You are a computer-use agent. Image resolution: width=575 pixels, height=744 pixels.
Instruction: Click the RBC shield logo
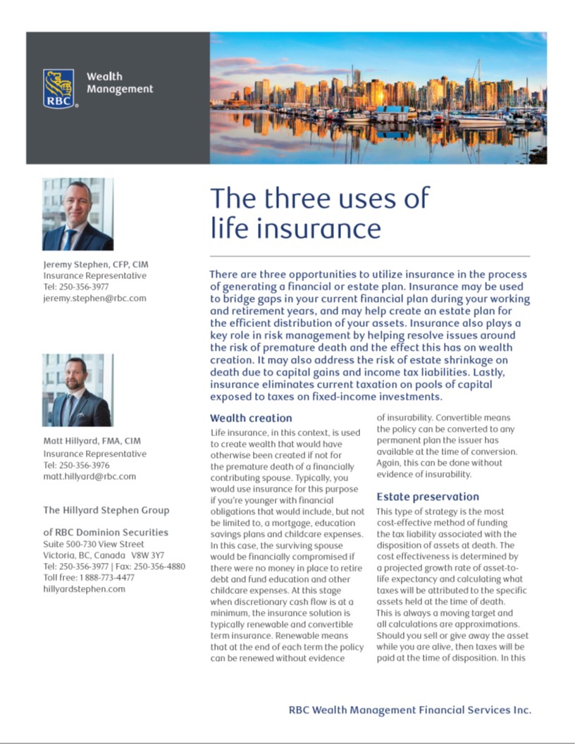click(58, 87)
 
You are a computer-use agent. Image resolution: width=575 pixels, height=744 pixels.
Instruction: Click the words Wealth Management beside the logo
click(119, 82)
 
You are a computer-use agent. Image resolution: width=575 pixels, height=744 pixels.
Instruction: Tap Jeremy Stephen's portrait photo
click(78, 214)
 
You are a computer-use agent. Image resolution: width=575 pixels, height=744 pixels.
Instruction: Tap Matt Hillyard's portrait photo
click(78, 390)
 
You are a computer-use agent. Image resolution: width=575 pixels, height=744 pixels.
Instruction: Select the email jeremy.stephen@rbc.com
click(94, 298)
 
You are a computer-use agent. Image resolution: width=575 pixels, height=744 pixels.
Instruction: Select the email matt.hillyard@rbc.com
click(89, 476)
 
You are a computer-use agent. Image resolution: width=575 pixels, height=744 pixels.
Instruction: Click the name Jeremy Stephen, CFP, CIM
click(96, 264)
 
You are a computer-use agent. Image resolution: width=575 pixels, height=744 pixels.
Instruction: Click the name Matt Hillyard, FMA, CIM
click(92, 441)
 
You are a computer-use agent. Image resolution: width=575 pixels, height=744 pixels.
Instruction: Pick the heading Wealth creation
click(251, 418)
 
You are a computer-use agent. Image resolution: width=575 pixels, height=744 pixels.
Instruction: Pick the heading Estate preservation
click(428, 496)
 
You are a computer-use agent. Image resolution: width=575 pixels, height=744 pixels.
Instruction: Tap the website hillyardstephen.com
click(84, 589)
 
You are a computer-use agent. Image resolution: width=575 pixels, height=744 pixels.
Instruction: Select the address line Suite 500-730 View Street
click(94, 544)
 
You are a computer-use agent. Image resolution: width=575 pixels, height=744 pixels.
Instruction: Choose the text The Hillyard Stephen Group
click(106, 510)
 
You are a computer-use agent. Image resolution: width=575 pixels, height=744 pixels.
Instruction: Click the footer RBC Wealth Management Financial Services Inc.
click(409, 709)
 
